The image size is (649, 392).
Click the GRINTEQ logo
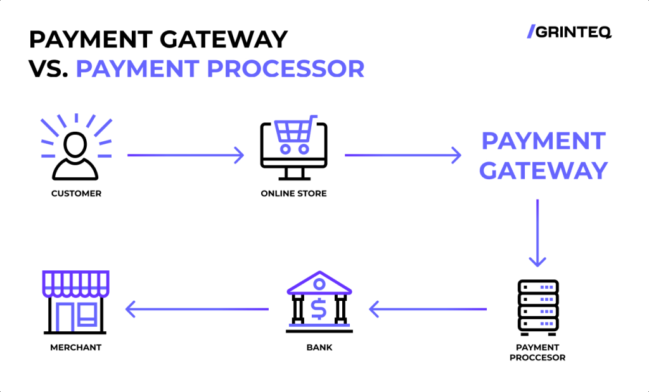pyautogui.click(x=569, y=32)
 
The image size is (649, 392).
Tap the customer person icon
pyautogui.click(x=76, y=156)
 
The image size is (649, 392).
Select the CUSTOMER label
pyautogui.click(x=76, y=194)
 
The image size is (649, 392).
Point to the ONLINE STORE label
pyautogui.click(x=293, y=194)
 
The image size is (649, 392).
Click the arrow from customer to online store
pyautogui.click(x=186, y=155)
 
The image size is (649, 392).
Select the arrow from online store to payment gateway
pyautogui.click(x=402, y=155)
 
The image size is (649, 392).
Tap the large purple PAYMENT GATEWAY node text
pyautogui.click(x=543, y=156)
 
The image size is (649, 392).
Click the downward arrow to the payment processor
pyautogui.click(x=537, y=233)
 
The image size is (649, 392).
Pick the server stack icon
pyautogui.click(x=537, y=308)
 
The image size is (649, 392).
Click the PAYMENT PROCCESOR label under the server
pyautogui.click(x=537, y=352)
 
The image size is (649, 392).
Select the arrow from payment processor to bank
pyautogui.click(x=428, y=309)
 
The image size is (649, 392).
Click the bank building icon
pyautogui.click(x=319, y=302)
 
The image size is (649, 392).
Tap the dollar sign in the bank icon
pyautogui.click(x=319, y=309)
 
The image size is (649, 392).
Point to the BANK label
pyautogui.click(x=319, y=347)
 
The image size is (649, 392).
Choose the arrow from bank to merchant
pyautogui.click(x=196, y=309)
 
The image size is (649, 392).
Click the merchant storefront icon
pyautogui.click(x=75, y=302)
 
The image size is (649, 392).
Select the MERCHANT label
pyautogui.click(x=76, y=347)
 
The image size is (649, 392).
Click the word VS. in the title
pyautogui.click(x=48, y=68)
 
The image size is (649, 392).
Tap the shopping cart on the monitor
pyautogui.click(x=295, y=134)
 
